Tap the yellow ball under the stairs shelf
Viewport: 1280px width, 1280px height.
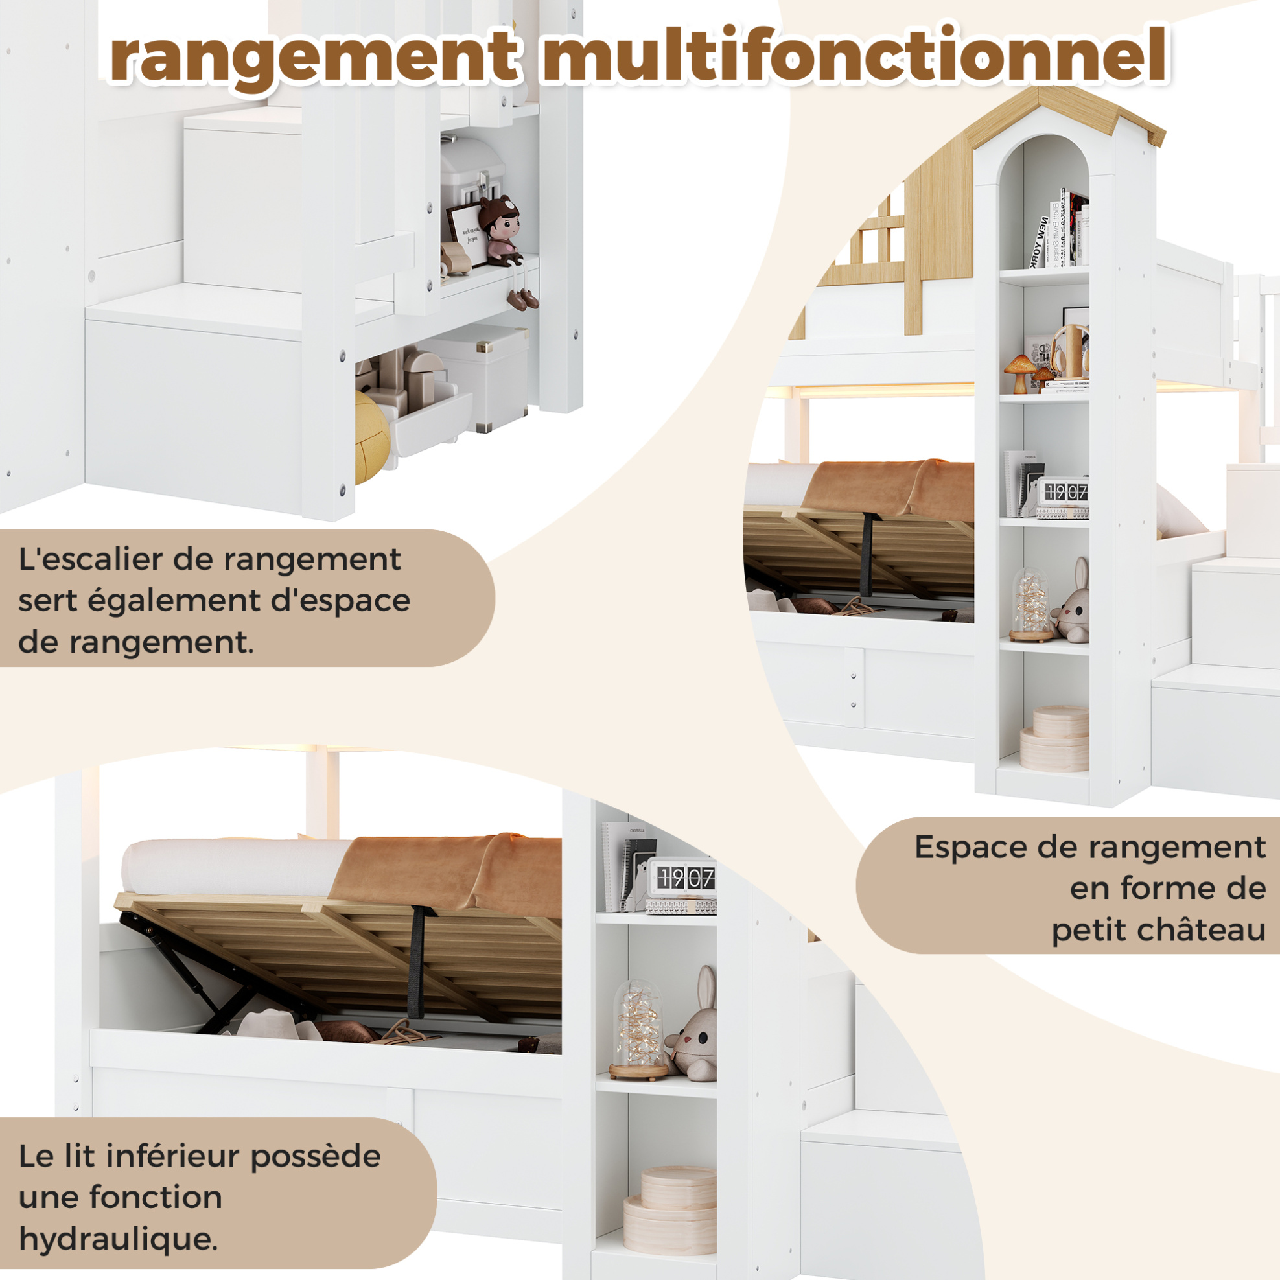tap(371, 436)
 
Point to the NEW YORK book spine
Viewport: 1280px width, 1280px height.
tap(1038, 242)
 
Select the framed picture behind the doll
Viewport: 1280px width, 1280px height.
tap(469, 234)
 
